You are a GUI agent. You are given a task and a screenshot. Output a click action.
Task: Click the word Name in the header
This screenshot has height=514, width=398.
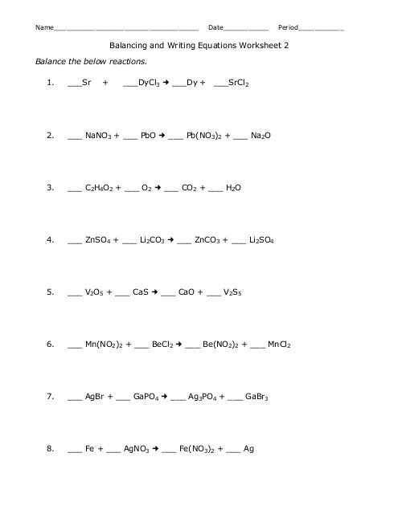tap(44, 27)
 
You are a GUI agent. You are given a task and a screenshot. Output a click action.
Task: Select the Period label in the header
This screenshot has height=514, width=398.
tap(287, 27)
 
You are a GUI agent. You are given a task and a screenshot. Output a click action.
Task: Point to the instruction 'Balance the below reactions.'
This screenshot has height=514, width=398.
tap(91, 61)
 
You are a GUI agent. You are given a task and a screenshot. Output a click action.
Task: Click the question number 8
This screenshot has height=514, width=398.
tap(50, 449)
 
